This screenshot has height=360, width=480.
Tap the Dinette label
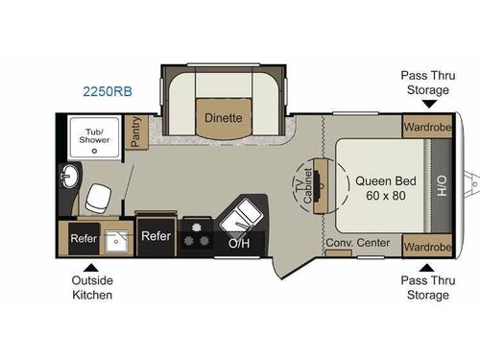tap(223, 118)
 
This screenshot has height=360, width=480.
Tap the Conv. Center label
tap(357, 243)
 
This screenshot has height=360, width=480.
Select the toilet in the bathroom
tap(97, 198)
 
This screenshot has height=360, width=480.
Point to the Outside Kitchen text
tap(90, 288)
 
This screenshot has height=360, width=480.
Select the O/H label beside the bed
tap(443, 184)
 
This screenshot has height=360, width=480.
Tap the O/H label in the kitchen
tap(239, 243)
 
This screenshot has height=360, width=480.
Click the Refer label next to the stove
tap(156, 235)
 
